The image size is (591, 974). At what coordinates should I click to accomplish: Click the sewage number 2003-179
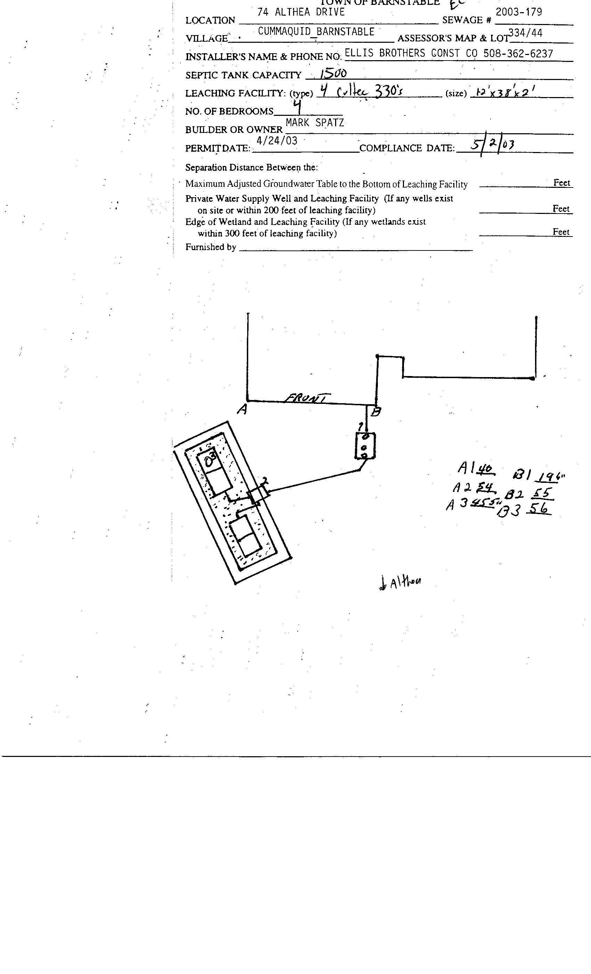click(x=519, y=12)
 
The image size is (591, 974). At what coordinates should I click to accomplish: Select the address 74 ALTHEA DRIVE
click(x=301, y=12)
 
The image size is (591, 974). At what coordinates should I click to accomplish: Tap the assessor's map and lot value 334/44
click(x=525, y=33)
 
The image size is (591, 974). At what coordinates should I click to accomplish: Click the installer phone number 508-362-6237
click(x=518, y=54)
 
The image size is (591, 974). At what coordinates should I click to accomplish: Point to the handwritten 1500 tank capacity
click(x=333, y=73)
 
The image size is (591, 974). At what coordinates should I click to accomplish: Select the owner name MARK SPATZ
click(x=315, y=123)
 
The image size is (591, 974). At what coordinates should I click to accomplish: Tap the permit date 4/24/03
click(x=277, y=141)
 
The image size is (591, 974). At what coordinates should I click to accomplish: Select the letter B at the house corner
click(x=376, y=412)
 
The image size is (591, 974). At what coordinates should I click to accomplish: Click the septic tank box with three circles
click(x=365, y=446)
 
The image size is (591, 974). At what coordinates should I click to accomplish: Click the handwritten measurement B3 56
click(x=524, y=510)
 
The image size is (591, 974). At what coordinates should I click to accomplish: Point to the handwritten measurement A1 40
click(x=476, y=469)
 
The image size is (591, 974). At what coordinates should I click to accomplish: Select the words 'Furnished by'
click(x=211, y=247)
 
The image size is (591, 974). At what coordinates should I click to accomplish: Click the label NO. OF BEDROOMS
click(x=229, y=111)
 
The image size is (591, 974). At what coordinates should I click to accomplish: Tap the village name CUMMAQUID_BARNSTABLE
click(x=316, y=32)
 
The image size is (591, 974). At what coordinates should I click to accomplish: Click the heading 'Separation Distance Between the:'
click(x=251, y=168)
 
